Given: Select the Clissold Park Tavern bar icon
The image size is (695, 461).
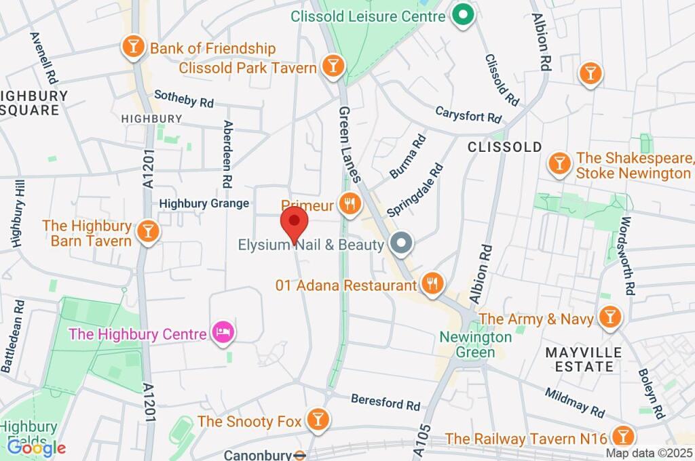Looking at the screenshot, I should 333,66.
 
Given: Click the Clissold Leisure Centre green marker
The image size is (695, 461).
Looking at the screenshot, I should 463,14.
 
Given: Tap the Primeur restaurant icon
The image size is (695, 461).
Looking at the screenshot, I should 350,203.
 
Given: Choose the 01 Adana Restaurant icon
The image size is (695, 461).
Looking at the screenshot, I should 432,284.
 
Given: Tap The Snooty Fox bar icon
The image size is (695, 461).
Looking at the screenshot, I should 316,420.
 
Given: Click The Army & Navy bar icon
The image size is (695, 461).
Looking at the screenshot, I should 609,317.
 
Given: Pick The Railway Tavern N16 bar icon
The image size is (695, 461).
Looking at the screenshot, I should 622,436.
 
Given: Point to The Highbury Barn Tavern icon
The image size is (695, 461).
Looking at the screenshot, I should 147,231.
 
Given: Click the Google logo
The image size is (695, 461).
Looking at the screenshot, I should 36,447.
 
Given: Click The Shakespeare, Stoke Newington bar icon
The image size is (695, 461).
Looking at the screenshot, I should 559,163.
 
